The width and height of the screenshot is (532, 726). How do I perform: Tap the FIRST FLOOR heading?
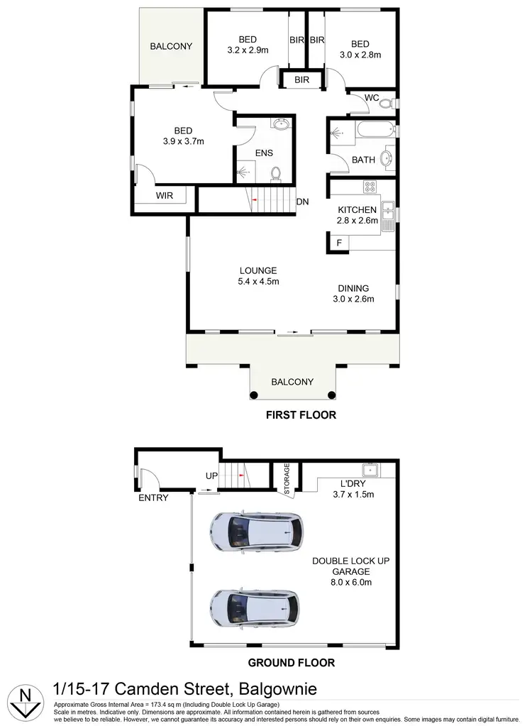coord(301,415)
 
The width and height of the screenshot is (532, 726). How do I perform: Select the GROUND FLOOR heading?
coord(291,664)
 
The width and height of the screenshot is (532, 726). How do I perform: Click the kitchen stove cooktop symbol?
coord(370,187)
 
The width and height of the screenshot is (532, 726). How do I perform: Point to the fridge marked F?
coord(339,243)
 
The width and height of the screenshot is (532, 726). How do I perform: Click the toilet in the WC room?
coord(385,104)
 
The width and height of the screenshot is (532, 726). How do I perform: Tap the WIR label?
coord(165,195)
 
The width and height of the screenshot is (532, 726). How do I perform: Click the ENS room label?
coord(265,153)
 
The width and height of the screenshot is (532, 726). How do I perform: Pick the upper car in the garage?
coord(256,529)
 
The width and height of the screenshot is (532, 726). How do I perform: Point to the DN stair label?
coord(303,202)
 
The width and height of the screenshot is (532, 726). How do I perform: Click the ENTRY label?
coord(153,497)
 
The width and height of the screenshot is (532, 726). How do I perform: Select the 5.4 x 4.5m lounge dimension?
coord(258,282)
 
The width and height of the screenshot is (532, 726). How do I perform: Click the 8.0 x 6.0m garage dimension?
coord(352,583)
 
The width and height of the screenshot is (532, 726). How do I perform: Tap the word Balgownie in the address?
coord(278,688)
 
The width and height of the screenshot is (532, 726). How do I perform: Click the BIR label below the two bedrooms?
coord(302,80)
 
